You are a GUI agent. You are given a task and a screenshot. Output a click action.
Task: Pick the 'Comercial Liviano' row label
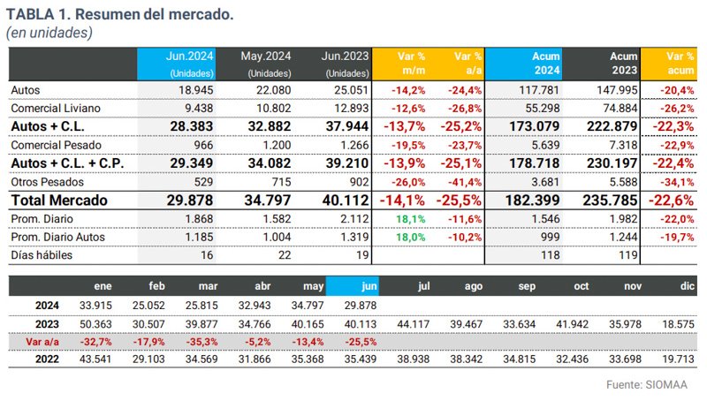click(x=55, y=108)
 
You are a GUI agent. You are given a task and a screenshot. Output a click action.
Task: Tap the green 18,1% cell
click(x=407, y=218)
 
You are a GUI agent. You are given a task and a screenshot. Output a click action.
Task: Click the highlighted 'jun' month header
click(x=353, y=285)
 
